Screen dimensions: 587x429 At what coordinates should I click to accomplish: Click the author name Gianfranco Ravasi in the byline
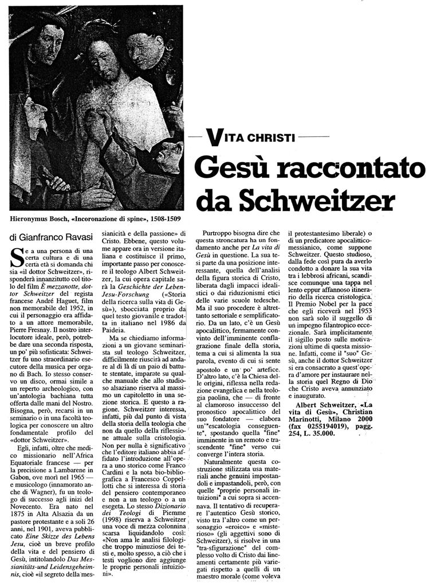[x=49, y=236]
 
